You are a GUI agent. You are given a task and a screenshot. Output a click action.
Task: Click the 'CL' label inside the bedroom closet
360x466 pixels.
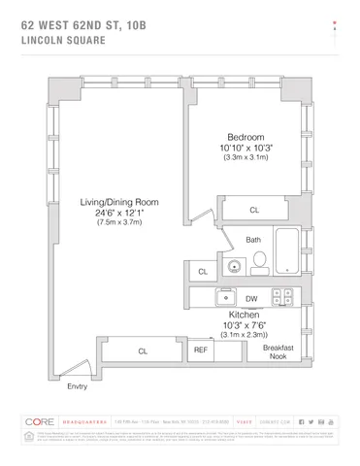(254, 209)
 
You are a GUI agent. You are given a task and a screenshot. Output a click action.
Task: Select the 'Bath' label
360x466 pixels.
(253, 239)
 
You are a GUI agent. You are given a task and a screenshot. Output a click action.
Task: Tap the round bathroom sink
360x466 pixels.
(234, 265)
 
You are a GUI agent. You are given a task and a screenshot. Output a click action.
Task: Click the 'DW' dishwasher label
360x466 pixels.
(251, 299)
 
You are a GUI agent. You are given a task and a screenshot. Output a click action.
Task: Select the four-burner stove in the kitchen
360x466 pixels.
(284, 298)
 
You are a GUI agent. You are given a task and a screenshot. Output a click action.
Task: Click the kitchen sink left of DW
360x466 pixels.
(223, 298)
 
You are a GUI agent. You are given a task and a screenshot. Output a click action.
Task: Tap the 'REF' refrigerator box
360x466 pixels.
(201, 350)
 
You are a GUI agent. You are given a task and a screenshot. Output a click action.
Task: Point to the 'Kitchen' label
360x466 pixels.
(243, 316)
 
